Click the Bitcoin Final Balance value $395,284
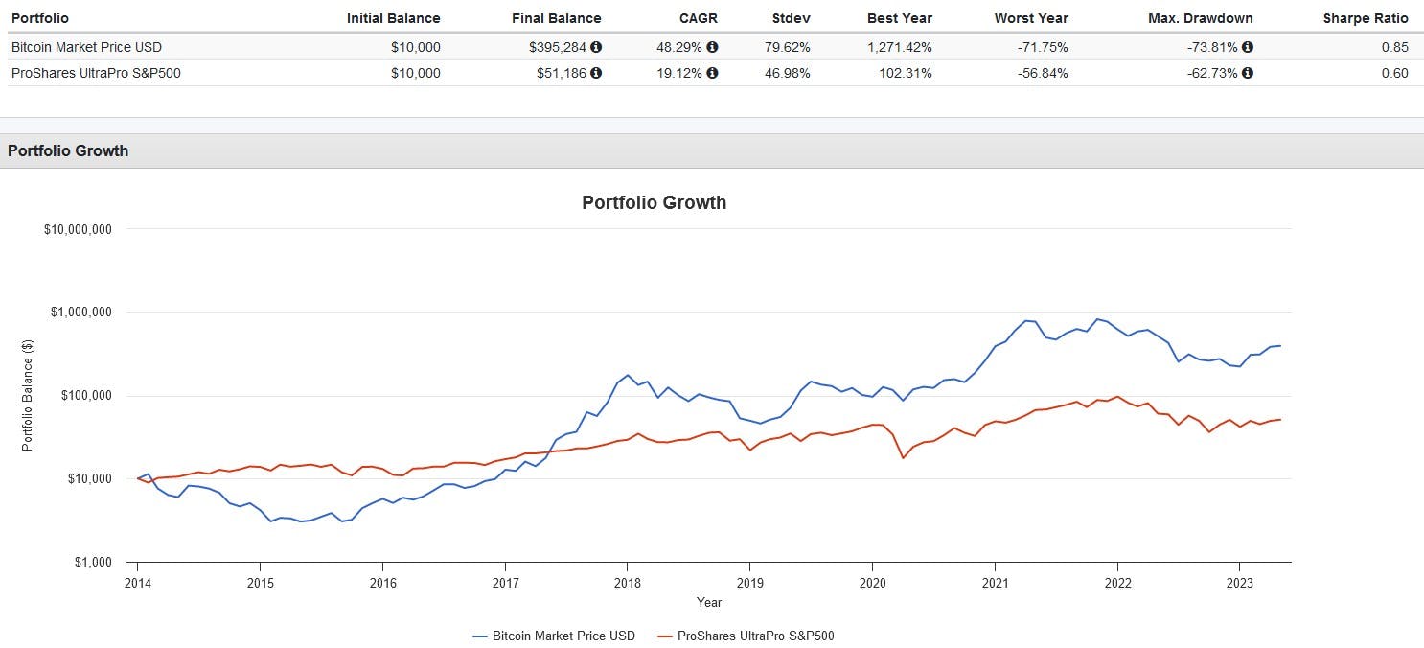tap(559, 47)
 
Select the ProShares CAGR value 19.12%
tap(680, 73)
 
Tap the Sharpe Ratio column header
tap(1365, 18)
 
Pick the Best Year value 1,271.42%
tap(898, 47)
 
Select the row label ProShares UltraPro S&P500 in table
tap(96, 73)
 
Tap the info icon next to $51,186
tap(596, 73)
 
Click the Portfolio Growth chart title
tap(654, 202)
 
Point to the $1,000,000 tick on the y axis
tap(78, 312)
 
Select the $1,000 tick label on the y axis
tap(92, 563)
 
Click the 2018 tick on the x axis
tap(627, 581)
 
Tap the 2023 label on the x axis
tap(1239, 581)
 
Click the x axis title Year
tap(709, 603)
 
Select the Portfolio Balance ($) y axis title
tap(28, 395)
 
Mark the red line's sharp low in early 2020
tap(903, 457)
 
